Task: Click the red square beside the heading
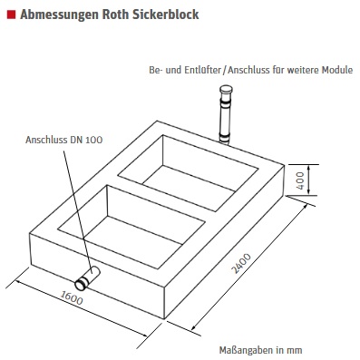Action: [x=11, y=15]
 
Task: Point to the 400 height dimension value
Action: [x=300, y=180]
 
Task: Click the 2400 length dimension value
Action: [x=241, y=264]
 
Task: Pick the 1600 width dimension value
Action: [x=72, y=297]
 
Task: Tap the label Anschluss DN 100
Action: [x=64, y=140]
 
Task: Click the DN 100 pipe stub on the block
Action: [x=87, y=277]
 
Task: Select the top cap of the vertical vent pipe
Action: [x=227, y=89]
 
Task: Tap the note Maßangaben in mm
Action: [x=260, y=350]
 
